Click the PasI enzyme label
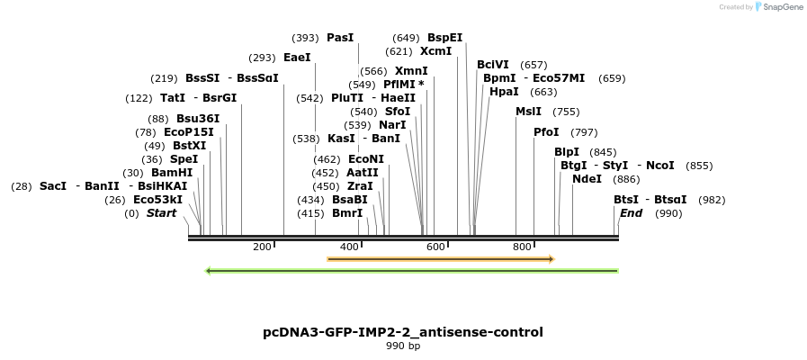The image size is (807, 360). pyautogui.click(x=340, y=38)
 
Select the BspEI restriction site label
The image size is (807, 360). pyautogui.click(x=444, y=38)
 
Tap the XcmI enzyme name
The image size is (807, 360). pyautogui.click(x=435, y=51)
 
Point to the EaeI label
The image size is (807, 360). pyautogui.click(x=297, y=58)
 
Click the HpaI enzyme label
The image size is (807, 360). pyautogui.click(x=504, y=92)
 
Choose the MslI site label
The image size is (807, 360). pyautogui.click(x=528, y=112)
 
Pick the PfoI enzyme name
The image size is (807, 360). pyautogui.click(x=546, y=132)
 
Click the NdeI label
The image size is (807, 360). pyautogui.click(x=587, y=179)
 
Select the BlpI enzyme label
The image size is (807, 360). pyautogui.click(x=567, y=152)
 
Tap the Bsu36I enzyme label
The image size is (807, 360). pyautogui.click(x=198, y=119)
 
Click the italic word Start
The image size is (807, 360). pyautogui.click(x=161, y=213)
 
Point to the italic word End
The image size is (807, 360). pyautogui.click(x=631, y=213)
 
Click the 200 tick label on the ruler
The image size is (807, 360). pyautogui.click(x=262, y=247)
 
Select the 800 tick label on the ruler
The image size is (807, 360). pyautogui.click(x=522, y=247)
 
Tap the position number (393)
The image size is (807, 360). pyautogui.click(x=305, y=38)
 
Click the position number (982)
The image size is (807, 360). pyautogui.click(x=711, y=200)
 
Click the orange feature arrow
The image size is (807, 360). pyautogui.click(x=440, y=259)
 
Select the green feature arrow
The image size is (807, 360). pyautogui.click(x=412, y=270)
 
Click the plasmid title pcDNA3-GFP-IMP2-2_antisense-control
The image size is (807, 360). pyautogui.click(x=403, y=332)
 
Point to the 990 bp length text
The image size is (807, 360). pyautogui.click(x=403, y=346)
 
